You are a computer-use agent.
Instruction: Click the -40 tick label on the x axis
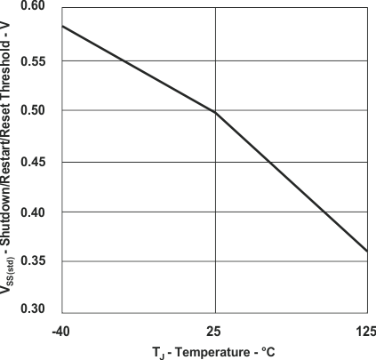pos(60,332)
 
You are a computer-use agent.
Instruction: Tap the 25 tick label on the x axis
pos(215,332)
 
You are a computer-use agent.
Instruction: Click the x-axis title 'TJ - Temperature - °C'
pos(214,352)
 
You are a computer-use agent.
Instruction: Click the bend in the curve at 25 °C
pos(215,113)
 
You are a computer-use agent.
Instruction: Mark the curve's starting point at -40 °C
pos(61,26)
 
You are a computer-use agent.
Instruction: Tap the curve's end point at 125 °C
pos(367,252)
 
